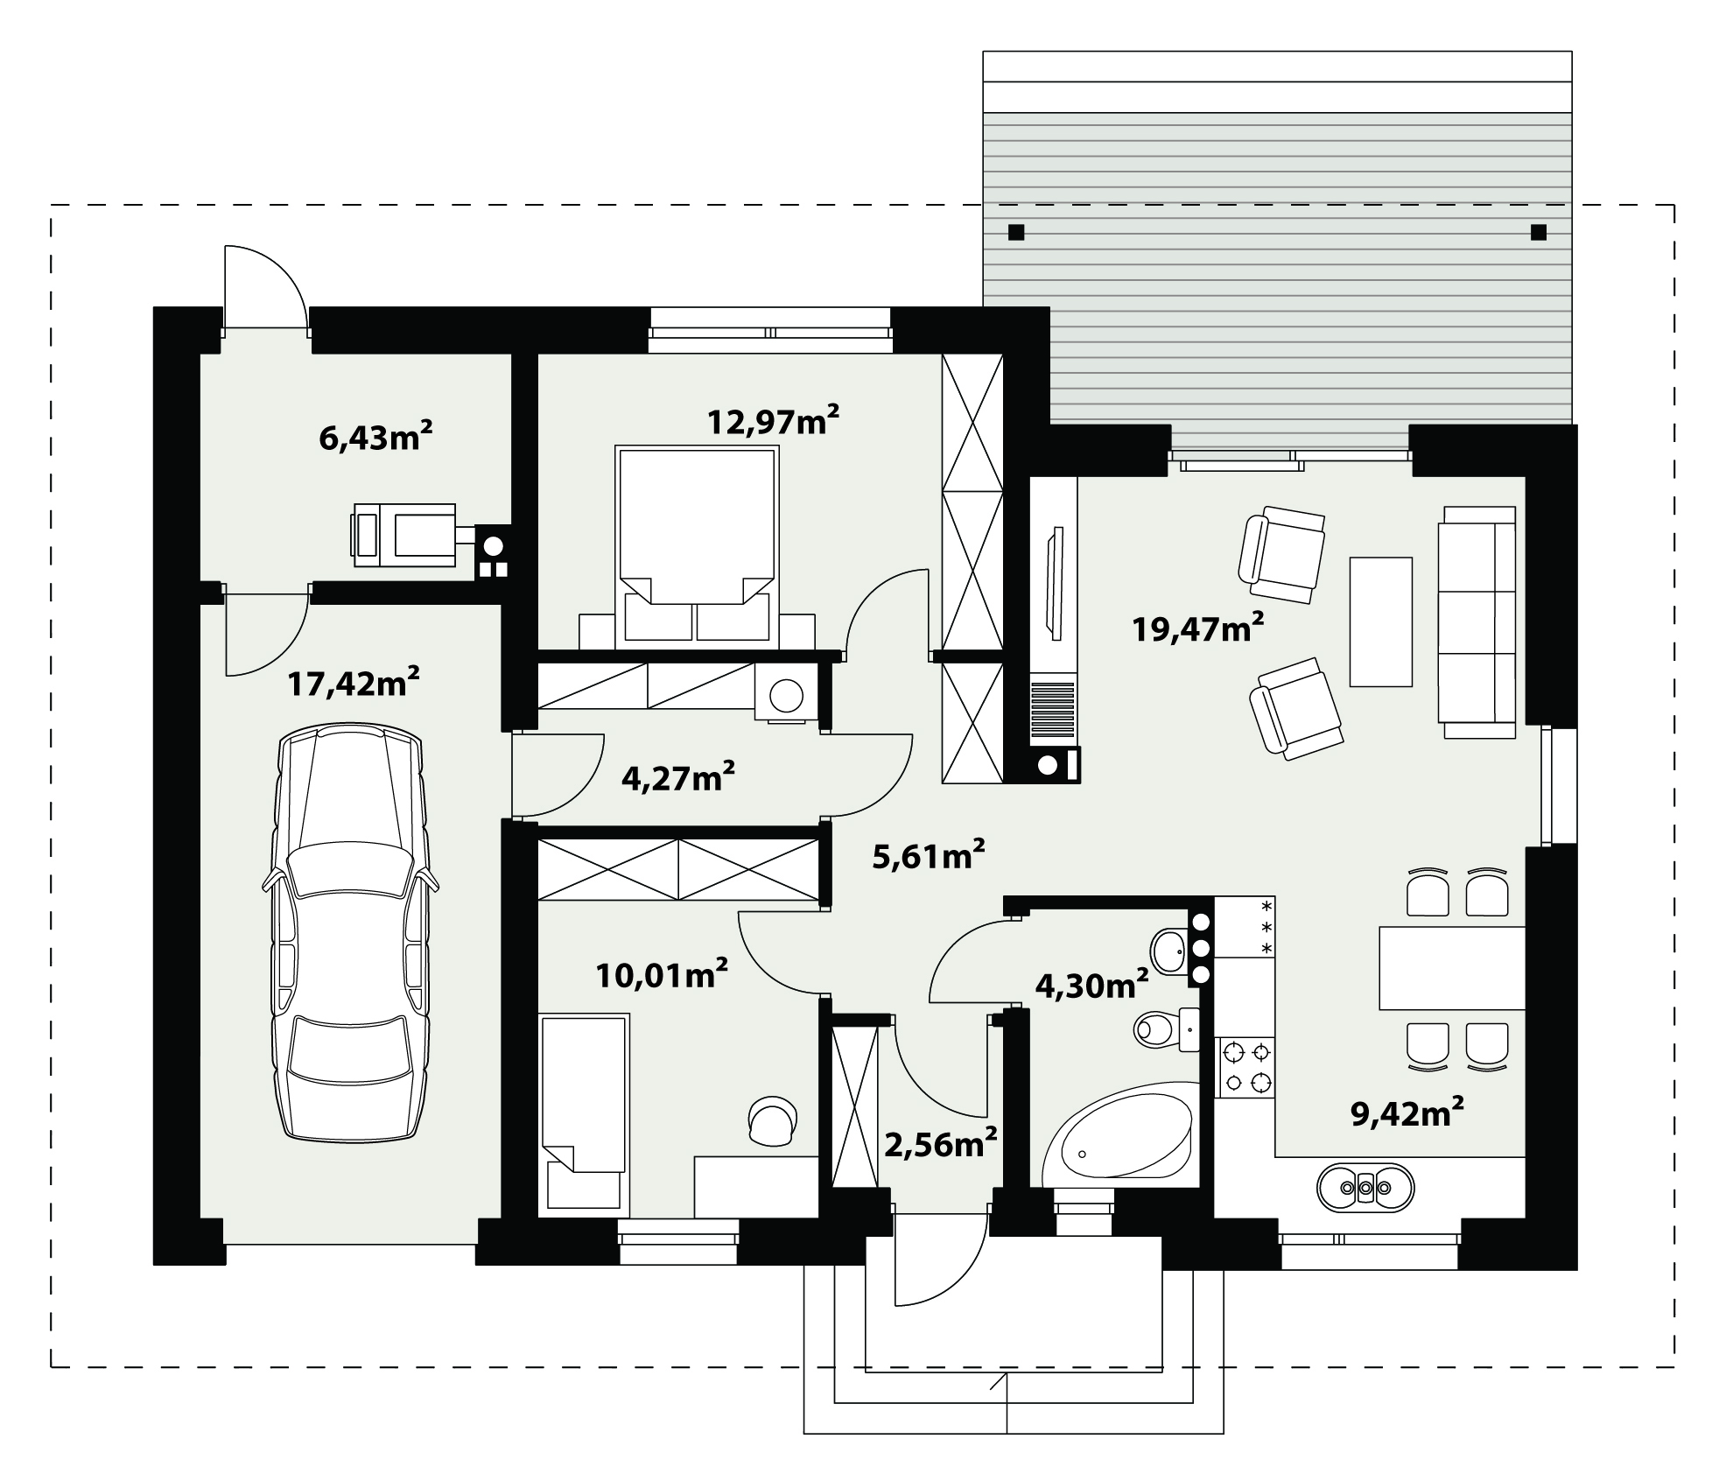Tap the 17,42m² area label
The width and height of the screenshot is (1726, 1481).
point(354,682)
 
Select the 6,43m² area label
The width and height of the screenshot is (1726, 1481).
point(376,435)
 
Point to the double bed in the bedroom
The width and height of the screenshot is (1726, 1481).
point(697,547)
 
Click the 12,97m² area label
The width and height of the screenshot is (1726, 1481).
point(774,420)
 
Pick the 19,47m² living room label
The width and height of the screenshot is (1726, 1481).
point(1198,627)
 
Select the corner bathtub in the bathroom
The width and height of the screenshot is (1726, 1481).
point(1119,1134)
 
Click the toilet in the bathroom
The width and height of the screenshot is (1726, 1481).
point(1166,1029)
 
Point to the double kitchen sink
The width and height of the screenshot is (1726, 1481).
point(1365,1187)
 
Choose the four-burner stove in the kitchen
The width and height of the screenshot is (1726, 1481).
point(1246,1066)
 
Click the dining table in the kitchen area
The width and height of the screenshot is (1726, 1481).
point(1452,968)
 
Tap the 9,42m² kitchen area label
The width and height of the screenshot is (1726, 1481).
point(1407,1113)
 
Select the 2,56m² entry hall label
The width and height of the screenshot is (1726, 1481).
point(941,1144)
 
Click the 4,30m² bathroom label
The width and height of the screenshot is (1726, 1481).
point(1092,986)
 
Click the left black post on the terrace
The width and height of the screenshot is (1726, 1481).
point(1016,232)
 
